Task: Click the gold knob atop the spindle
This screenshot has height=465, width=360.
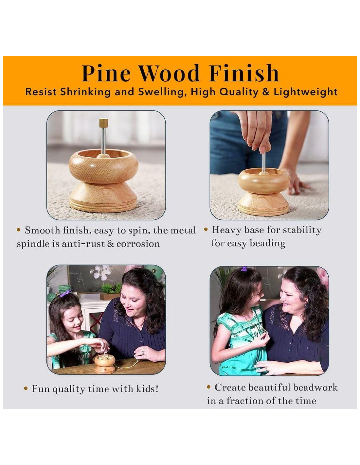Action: click(x=103, y=122)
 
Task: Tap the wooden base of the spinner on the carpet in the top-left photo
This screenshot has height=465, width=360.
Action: click(x=103, y=198)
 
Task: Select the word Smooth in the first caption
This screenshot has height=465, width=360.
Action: click(x=43, y=230)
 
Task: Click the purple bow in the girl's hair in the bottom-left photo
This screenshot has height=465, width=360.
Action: click(x=65, y=293)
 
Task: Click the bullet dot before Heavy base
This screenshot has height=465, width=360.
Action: click(x=206, y=230)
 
